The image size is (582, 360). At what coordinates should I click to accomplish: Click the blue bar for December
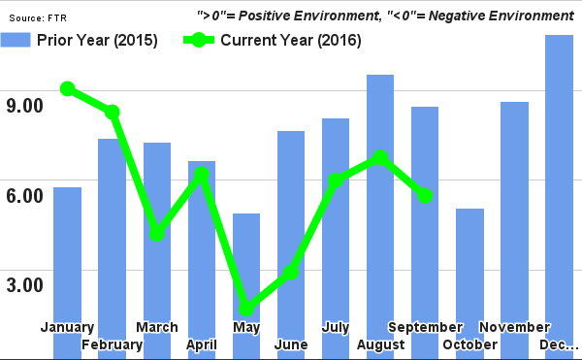(560, 194)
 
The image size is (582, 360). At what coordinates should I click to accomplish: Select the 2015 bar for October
(469, 281)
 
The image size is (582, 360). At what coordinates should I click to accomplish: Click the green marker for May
(246, 310)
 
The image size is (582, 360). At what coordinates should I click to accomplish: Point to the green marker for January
(67, 89)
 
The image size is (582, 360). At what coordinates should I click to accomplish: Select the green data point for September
(425, 196)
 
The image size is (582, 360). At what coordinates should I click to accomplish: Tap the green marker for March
(157, 234)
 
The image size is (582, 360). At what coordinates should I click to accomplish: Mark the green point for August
(380, 157)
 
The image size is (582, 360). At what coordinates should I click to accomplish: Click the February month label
(113, 345)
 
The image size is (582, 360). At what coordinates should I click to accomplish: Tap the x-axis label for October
(469, 345)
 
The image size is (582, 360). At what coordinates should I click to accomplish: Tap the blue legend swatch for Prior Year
(16, 41)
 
